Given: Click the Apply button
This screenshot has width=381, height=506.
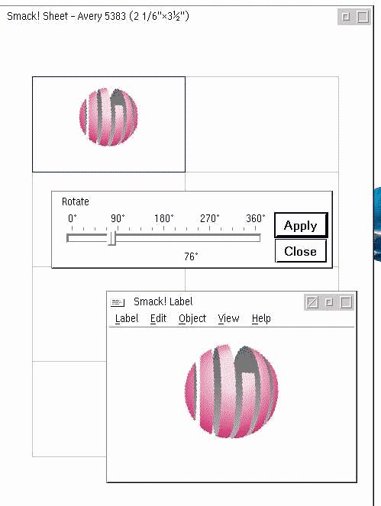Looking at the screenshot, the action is tap(301, 225).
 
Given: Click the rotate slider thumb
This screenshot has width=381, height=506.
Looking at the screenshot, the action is tap(111, 238).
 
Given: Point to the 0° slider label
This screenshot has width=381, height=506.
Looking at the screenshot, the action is tap(73, 218).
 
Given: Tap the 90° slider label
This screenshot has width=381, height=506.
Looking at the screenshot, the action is tap(118, 218).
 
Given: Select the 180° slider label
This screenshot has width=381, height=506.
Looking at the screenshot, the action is tap(163, 218).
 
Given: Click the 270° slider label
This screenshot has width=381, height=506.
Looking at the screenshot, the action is tap(209, 218).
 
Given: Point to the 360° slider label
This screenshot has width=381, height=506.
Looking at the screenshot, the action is tap(255, 218).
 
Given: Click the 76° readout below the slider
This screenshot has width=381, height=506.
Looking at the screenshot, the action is tap(191, 256).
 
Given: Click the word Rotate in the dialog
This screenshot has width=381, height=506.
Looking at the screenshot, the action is tap(76, 201).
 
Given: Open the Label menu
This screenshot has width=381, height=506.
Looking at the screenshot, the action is tap(127, 318).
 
